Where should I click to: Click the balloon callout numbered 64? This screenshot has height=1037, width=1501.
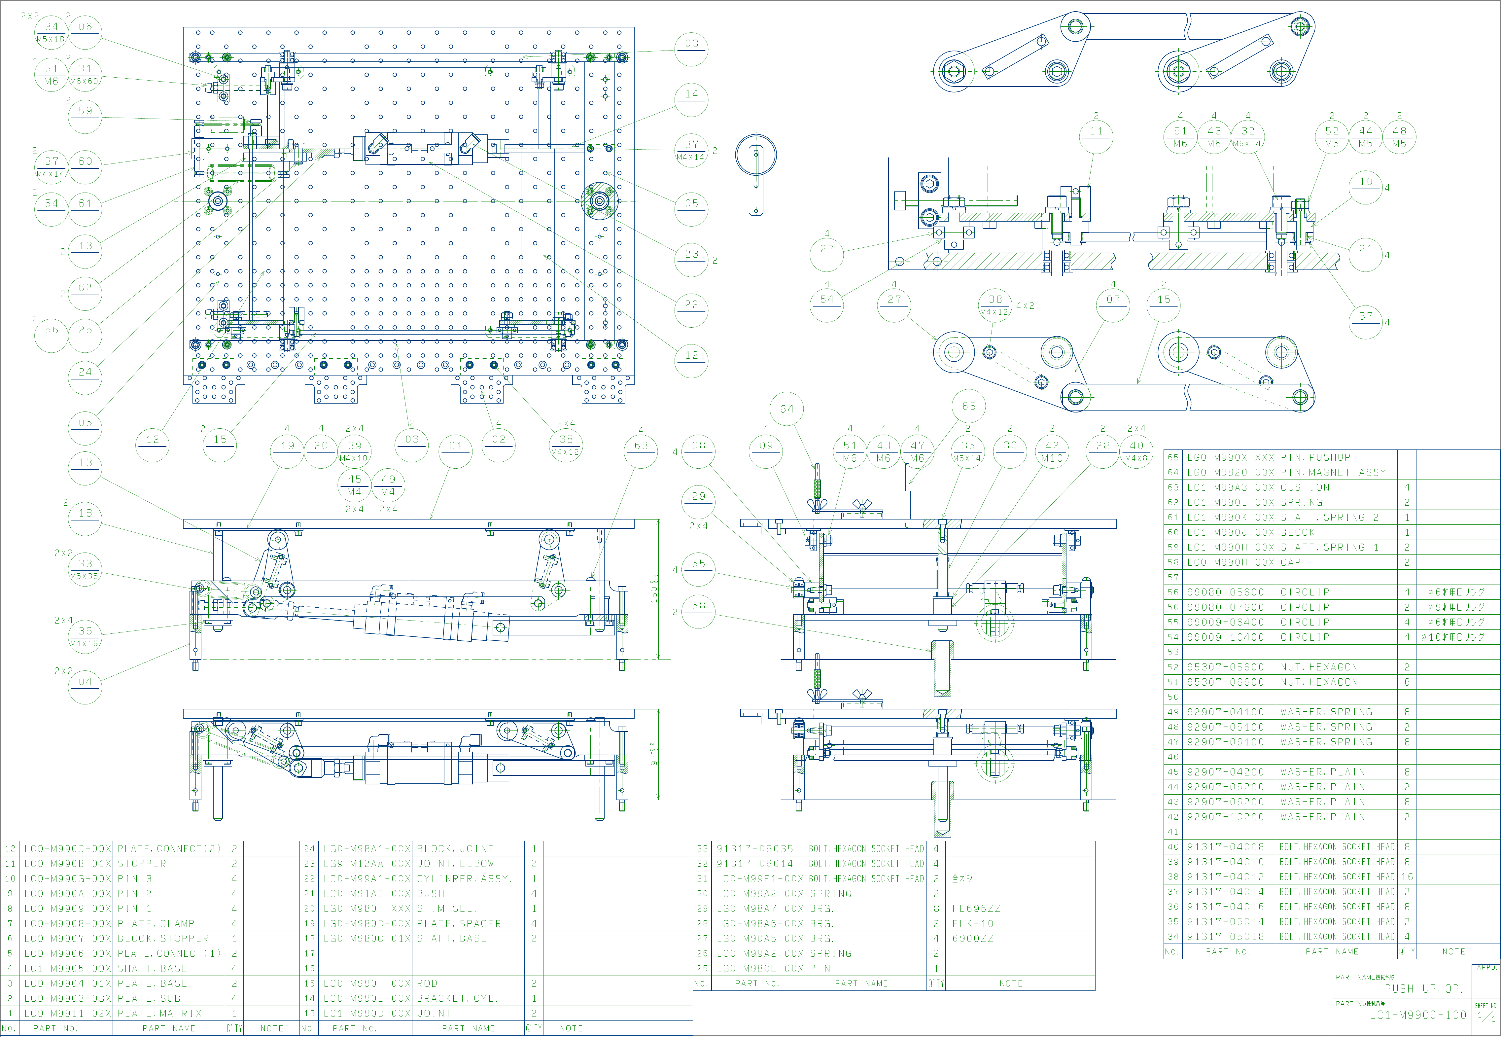click(x=786, y=409)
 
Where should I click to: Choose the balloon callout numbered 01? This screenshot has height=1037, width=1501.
click(x=456, y=446)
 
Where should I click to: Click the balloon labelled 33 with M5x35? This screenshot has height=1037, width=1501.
click(x=85, y=568)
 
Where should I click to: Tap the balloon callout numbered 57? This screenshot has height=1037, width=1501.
click(x=1366, y=322)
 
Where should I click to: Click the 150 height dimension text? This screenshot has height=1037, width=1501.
click(x=655, y=588)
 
